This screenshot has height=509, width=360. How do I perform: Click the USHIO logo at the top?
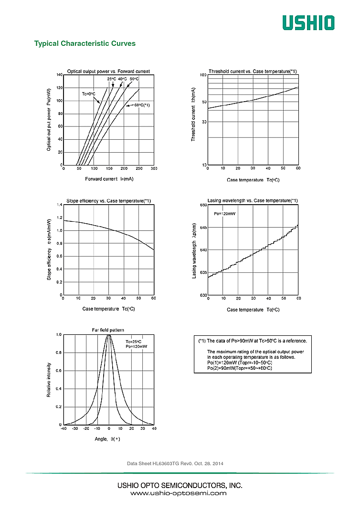(x=308, y=22)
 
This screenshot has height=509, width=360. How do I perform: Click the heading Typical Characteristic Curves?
(x=85, y=43)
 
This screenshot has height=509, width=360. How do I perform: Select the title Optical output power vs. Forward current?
(x=108, y=72)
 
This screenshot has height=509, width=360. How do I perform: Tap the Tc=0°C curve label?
(x=88, y=94)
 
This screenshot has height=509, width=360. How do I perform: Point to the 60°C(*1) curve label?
(x=138, y=105)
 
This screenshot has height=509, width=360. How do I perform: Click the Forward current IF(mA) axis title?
(x=109, y=179)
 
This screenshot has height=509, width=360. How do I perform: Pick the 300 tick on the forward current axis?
(x=154, y=168)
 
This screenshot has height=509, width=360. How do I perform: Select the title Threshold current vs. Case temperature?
(x=253, y=72)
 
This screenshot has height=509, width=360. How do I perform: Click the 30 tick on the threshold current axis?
(x=204, y=122)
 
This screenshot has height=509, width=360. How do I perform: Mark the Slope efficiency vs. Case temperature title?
(x=108, y=201)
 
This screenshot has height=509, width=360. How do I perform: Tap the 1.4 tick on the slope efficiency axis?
(x=60, y=205)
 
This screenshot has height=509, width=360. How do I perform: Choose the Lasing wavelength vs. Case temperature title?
(x=253, y=200)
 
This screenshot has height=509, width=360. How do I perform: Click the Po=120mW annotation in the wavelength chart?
(x=224, y=214)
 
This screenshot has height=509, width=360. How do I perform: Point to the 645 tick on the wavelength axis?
(x=203, y=228)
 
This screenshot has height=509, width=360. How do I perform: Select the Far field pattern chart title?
(x=108, y=330)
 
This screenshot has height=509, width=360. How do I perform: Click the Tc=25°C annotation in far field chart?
(x=134, y=342)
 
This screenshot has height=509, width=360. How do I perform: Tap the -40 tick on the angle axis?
(x=64, y=429)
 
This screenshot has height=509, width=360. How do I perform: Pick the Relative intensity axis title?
(x=49, y=380)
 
